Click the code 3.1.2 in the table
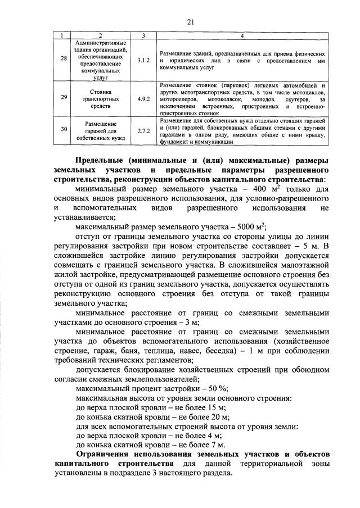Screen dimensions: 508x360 tap(143, 59)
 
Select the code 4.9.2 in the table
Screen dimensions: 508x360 tap(143, 97)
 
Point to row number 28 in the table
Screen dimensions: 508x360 tap(64, 59)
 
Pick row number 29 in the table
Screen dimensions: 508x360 tap(64, 97)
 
